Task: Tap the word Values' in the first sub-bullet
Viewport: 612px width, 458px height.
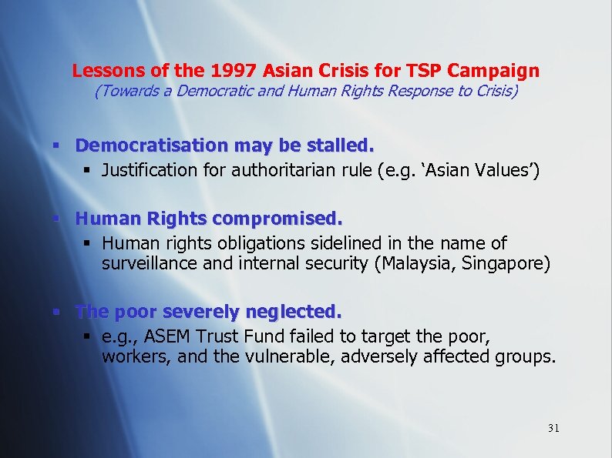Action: (506, 169)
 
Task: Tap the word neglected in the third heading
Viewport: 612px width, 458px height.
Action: (292, 312)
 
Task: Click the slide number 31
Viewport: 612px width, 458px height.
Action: (553, 428)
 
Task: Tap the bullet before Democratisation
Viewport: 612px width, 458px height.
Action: (56, 145)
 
